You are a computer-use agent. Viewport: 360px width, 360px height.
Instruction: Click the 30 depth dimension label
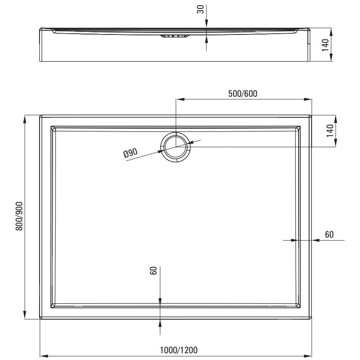(201, 9)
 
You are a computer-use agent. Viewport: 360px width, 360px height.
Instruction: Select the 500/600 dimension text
(243, 94)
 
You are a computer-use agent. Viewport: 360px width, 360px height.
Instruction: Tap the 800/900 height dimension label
(19, 216)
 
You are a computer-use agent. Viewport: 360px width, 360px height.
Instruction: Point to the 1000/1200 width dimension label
(179, 350)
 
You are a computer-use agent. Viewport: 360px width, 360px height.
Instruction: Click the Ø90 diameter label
(130, 153)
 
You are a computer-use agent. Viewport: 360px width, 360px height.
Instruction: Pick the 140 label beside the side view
(325, 45)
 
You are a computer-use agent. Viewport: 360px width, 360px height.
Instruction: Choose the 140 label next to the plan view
(330, 131)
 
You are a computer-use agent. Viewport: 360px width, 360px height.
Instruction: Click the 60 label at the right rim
(329, 234)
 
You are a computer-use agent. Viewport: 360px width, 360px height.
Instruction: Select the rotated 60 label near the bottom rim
(153, 270)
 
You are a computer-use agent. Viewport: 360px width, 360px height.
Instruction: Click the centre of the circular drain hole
(176, 147)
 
